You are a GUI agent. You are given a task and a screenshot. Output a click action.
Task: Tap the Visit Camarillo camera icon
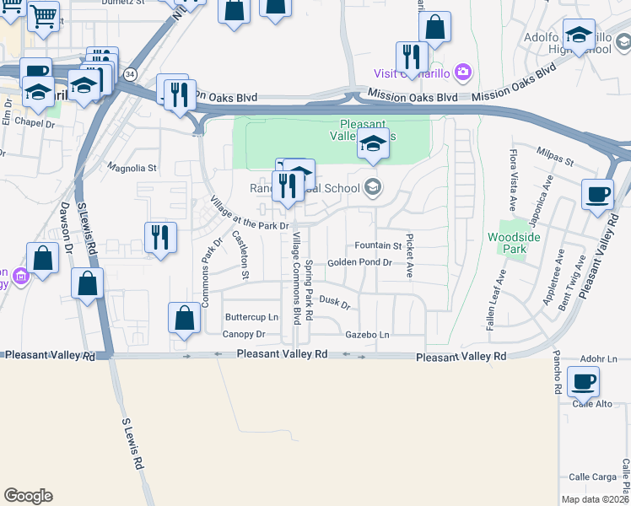click(x=462, y=72)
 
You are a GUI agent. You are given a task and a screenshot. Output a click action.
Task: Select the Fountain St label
click(x=378, y=245)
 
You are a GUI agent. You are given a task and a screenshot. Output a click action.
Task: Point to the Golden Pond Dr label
click(x=360, y=263)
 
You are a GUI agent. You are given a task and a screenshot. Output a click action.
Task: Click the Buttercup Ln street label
click(x=251, y=317)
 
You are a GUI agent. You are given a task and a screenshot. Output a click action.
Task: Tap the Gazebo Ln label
click(x=368, y=335)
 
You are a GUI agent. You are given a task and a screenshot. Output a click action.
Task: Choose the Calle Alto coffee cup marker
click(x=583, y=381)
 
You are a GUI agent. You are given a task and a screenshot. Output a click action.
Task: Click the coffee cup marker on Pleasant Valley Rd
click(x=597, y=194)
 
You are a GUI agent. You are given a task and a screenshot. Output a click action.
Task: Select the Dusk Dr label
click(x=334, y=301)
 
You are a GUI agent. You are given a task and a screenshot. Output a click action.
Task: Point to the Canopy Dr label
click(x=244, y=334)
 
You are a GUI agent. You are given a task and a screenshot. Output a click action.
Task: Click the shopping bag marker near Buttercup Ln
click(x=184, y=319)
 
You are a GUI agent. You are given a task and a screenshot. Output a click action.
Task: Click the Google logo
click(x=28, y=496)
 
